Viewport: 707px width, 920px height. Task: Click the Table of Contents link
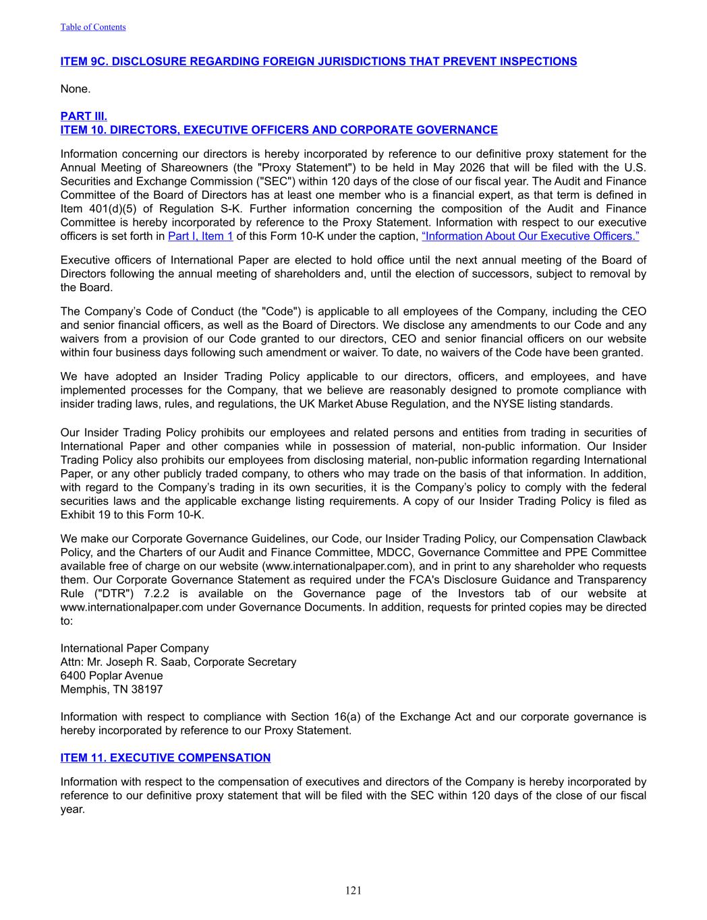[x=93, y=27]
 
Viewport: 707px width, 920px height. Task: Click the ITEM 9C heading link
[x=318, y=61]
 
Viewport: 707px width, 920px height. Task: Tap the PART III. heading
[x=84, y=116]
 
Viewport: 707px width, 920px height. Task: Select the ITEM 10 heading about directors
[x=279, y=129]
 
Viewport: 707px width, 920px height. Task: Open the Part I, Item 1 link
[x=200, y=236]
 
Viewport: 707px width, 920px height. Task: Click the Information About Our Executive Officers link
[x=530, y=236]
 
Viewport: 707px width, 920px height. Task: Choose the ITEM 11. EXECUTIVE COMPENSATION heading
[x=165, y=758]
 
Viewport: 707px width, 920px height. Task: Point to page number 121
[x=353, y=890]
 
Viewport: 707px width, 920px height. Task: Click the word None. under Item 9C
[x=76, y=88]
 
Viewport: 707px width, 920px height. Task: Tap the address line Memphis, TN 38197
[x=111, y=689]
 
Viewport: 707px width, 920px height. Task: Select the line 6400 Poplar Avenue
[x=111, y=675]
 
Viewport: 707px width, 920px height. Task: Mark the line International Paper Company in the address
[x=134, y=648]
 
